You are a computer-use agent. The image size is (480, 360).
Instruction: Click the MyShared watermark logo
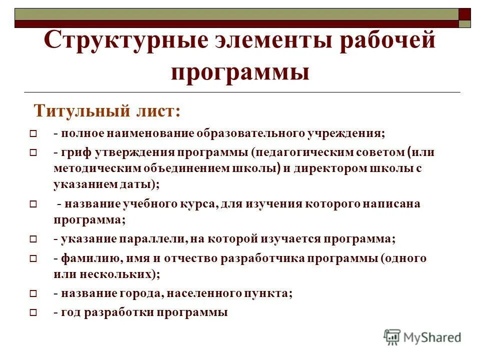(422, 336)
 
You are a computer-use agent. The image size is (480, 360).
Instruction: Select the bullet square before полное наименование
(33, 134)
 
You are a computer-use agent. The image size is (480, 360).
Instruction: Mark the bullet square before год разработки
(33, 313)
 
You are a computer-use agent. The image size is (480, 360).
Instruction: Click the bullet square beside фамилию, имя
(33, 259)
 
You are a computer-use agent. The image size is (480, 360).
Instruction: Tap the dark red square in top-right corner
(464, 14)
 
